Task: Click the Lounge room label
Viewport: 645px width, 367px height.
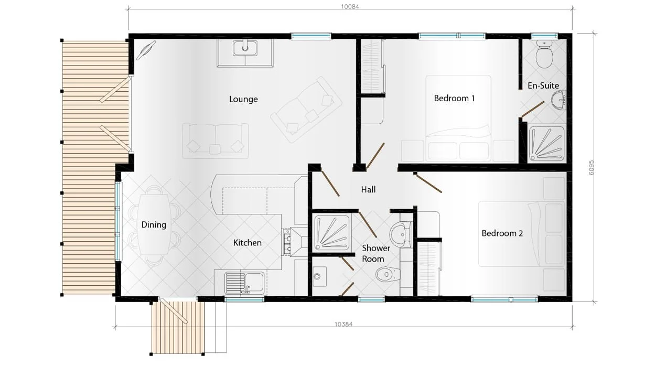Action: pyautogui.click(x=243, y=99)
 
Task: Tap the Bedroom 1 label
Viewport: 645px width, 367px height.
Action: pyautogui.click(x=454, y=98)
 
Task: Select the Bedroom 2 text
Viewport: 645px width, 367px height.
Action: pyautogui.click(x=502, y=233)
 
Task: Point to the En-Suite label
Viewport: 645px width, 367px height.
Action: pyautogui.click(x=543, y=85)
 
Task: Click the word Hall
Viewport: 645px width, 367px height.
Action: pyautogui.click(x=368, y=189)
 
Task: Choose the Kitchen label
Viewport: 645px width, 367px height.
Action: pyautogui.click(x=247, y=243)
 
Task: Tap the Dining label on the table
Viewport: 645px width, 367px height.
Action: pyautogui.click(x=154, y=225)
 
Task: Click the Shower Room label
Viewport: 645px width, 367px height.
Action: pyautogui.click(x=376, y=253)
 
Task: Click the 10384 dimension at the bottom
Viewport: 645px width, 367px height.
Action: pyautogui.click(x=343, y=324)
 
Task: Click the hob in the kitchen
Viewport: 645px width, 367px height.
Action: pyautogui.click(x=288, y=242)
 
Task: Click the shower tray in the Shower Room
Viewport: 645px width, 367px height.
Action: pyautogui.click(x=332, y=233)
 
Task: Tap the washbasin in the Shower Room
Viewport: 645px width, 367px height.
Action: pyautogui.click(x=401, y=232)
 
